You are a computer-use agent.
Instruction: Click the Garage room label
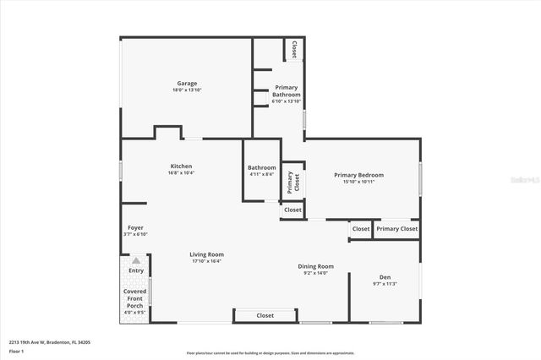186,83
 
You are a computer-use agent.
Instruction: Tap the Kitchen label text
181,166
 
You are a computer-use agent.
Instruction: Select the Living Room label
206,254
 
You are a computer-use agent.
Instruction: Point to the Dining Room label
315,266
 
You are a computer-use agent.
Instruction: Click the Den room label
385,277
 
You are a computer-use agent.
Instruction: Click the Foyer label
135,228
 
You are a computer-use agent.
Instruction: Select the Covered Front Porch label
135,297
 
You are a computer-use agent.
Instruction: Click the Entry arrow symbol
135,261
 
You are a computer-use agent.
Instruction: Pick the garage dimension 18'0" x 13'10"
187,90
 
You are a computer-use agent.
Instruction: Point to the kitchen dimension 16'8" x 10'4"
181,172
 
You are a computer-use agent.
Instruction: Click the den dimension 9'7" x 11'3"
385,284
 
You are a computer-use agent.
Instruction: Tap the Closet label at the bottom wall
265,315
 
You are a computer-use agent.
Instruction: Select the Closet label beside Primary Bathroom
294,50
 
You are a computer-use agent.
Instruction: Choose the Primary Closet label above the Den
397,228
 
